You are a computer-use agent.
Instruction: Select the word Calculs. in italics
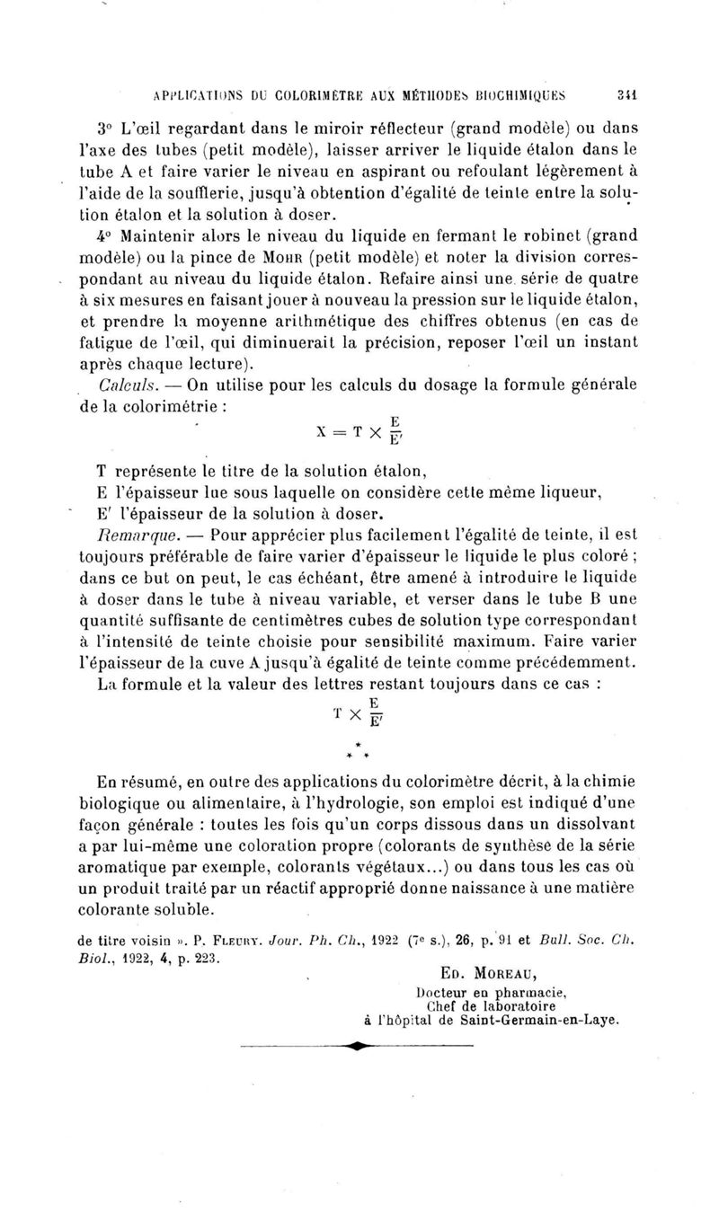(133, 385)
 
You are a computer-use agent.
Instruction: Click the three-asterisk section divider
(359, 749)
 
